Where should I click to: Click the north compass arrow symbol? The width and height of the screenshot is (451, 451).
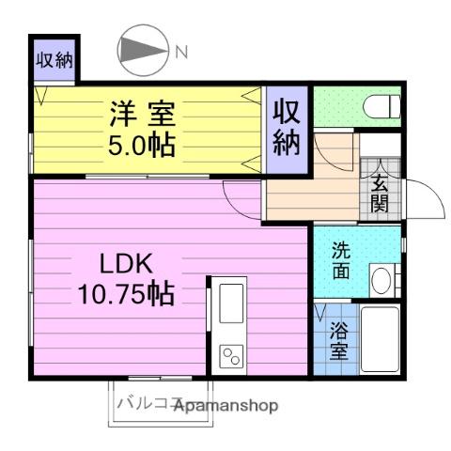coord(140,52)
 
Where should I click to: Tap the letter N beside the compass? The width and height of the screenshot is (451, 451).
coord(181,52)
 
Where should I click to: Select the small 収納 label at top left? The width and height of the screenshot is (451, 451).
coord(54,61)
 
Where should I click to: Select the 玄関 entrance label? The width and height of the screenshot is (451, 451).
coord(380,193)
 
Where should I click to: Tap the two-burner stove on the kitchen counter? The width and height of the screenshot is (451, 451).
coord(231,354)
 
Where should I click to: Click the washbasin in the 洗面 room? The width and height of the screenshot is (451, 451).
coord(381,279)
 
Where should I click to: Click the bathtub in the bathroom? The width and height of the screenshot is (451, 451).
coord(381,342)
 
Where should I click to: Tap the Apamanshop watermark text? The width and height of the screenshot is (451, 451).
coord(226,406)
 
